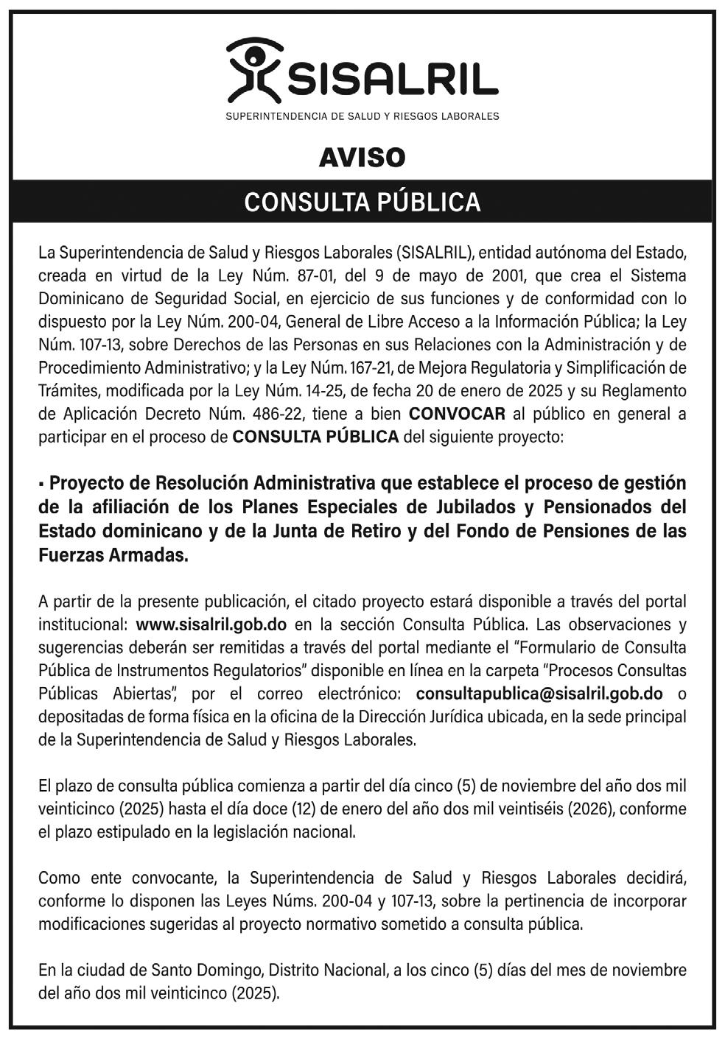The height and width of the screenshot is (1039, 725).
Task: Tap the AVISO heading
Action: pyautogui.click(x=362, y=158)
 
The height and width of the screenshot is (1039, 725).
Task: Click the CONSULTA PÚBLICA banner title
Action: pyautogui.click(x=362, y=202)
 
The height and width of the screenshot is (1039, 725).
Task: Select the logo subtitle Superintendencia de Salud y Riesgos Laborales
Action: pyautogui.click(x=362, y=116)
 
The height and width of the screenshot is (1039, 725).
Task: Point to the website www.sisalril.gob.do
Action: pyautogui.click(x=211, y=624)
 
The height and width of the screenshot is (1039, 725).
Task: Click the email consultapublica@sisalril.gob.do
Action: pyautogui.click(x=539, y=694)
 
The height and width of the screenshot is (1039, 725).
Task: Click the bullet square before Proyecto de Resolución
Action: pyautogui.click(x=42, y=485)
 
